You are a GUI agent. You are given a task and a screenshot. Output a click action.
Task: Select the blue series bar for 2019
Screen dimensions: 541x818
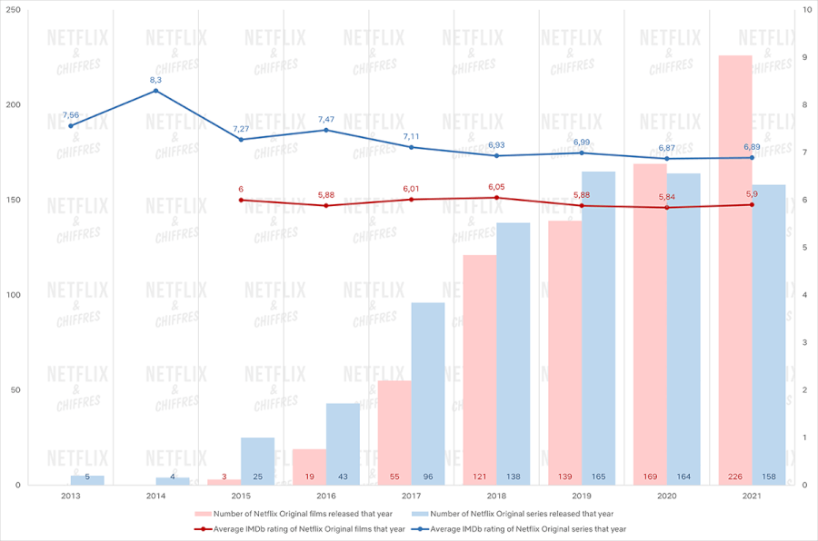pyautogui.click(x=598, y=328)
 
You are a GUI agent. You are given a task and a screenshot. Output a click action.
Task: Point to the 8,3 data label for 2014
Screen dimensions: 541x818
pyautogui.click(x=155, y=80)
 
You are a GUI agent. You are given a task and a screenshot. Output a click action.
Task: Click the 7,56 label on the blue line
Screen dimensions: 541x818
pyautogui.click(x=70, y=115)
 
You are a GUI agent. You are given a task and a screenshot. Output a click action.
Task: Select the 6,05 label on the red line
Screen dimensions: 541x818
pyautogui.click(x=496, y=187)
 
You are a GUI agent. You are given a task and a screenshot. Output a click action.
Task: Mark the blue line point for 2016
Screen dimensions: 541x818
pyautogui.click(x=326, y=130)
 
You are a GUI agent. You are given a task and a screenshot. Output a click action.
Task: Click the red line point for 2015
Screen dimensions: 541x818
pyautogui.click(x=241, y=200)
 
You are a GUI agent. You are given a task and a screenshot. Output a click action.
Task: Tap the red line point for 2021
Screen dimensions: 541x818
pyautogui.click(x=752, y=204)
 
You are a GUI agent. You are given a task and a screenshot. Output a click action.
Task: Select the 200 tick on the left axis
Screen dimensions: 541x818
pyautogui.click(x=12, y=104)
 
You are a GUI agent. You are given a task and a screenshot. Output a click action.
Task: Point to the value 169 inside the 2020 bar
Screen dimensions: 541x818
pyautogui.click(x=649, y=476)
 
